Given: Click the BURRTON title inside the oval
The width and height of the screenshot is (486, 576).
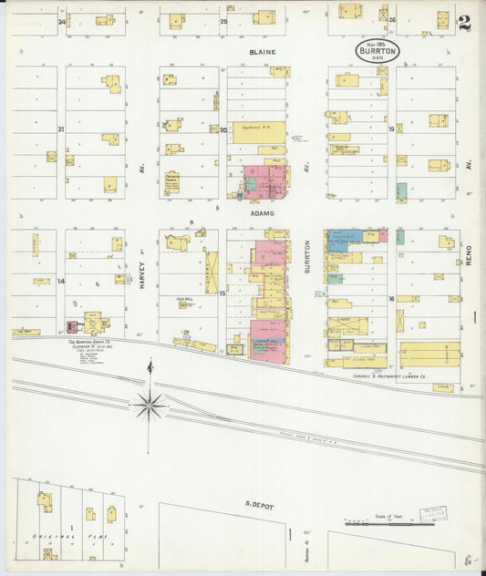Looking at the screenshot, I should [377, 51].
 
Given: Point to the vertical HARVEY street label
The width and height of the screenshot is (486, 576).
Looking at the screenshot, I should [143, 271].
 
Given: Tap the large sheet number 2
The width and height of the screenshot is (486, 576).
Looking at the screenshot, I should [465, 23].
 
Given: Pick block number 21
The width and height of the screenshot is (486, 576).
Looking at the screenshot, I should [61, 129].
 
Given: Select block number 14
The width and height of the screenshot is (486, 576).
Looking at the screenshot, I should [61, 282].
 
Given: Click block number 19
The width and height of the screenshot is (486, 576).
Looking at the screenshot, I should [391, 129].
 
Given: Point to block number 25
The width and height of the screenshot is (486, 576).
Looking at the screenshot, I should [223, 20].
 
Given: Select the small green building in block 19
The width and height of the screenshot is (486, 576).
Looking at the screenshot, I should [401, 191].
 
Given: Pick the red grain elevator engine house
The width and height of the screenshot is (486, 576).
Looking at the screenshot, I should [72, 325].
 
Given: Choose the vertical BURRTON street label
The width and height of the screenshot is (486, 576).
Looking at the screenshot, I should [307, 258].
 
